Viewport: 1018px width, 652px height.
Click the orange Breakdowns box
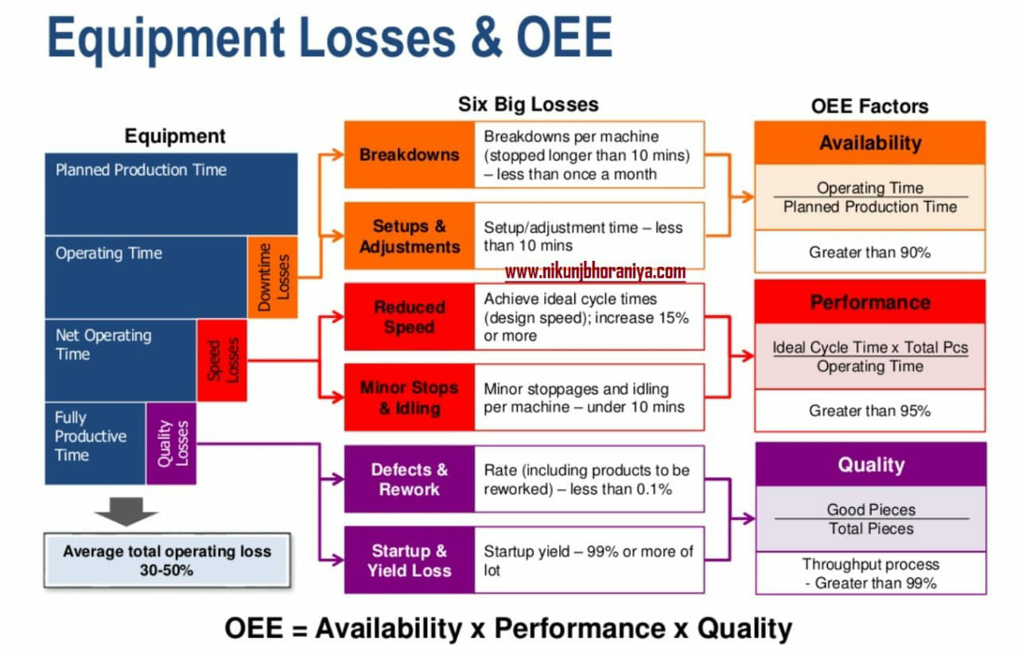click(410, 154)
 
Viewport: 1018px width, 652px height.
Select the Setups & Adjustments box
click(410, 236)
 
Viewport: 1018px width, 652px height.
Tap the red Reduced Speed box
click(410, 316)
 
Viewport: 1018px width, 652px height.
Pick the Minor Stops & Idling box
click(410, 398)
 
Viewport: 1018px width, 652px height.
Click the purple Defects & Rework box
click(410, 479)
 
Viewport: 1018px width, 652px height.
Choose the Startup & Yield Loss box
click(410, 561)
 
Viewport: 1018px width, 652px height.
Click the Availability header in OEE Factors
click(870, 143)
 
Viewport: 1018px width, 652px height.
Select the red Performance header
click(870, 302)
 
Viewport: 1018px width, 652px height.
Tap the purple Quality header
click(870, 464)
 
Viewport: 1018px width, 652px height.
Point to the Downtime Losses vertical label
click(273, 277)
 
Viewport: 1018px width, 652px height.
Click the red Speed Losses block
click(222, 360)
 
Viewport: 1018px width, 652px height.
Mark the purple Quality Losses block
click(171, 443)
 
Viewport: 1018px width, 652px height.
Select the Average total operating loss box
click(167, 561)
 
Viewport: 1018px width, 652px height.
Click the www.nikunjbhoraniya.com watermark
click(595, 273)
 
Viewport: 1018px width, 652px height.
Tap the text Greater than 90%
click(870, 252)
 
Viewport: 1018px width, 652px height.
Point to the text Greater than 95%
click(870, 411)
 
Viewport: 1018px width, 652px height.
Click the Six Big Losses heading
click(528, 104)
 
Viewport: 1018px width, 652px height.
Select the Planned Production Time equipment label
click(141, 170)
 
